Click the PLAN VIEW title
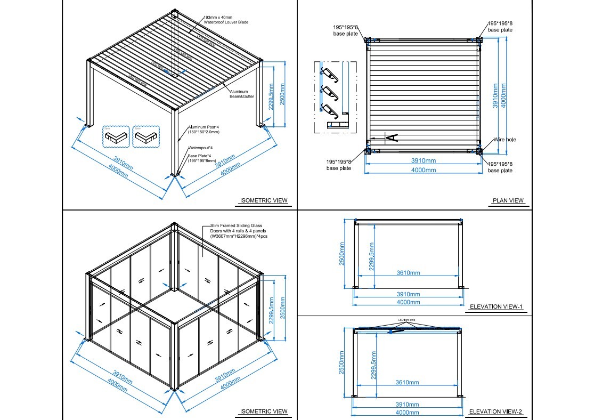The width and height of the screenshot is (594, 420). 508,201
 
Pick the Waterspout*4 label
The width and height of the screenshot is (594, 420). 200,148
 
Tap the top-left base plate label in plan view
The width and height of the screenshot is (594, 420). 339,30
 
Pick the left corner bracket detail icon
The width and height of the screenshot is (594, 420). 116,137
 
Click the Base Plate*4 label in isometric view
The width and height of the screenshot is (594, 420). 201,158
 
